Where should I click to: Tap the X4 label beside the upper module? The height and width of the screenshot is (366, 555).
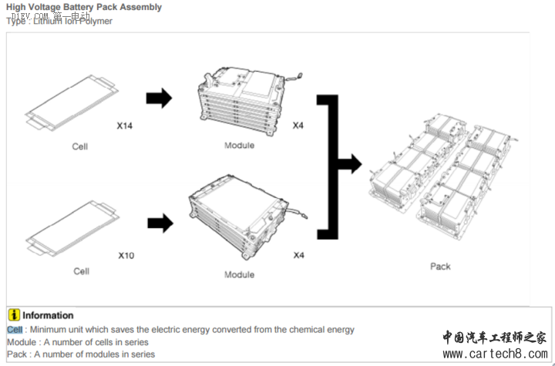point(298,125)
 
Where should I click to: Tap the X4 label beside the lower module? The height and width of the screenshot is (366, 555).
point(298,255)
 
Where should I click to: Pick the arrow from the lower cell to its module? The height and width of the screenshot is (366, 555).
point(160,223)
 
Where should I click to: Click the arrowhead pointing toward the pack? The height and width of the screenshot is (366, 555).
point(352,163)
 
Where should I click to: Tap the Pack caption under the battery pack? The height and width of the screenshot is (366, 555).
point(440,267)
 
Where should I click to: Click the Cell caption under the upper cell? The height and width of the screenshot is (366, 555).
point(80,146)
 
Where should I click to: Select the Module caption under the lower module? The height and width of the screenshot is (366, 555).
point(239,274)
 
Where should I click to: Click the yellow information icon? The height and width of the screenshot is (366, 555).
point(14,315)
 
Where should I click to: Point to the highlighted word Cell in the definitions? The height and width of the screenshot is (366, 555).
point(15,330)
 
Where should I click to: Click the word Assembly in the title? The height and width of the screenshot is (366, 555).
point(140,7)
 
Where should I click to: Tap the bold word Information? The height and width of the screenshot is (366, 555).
point(48,315)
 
